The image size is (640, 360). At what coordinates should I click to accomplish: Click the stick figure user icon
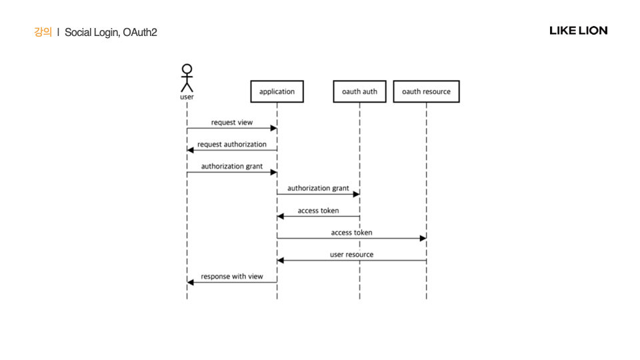[x=187, y=78]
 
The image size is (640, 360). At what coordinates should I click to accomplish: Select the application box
[x=277, y=91]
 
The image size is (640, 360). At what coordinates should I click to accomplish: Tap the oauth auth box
[x=359, y=91]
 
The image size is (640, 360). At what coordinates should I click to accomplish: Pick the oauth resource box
[x=426, y=91]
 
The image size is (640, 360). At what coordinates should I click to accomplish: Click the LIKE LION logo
[x=578, y=31]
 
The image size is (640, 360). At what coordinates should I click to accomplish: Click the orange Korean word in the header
[x=43, y=32]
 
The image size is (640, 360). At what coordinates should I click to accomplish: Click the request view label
[x=232, y=123]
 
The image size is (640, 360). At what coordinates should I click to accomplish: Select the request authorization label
[x=232, y=144]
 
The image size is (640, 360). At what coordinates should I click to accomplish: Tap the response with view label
[x=232, y=276]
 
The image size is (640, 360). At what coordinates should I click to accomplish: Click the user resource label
[x=351, y=254]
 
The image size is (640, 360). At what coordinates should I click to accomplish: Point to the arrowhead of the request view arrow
[x=273, y=128]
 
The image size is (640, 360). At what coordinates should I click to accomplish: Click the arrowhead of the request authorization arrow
[x=191, y=150]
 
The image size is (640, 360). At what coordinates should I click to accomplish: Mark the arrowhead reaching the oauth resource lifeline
[x=423, y=238]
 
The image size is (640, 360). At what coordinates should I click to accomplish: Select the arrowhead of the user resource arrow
[x=281, y=260]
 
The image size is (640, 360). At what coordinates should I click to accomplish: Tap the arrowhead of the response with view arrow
[x=191, y=282]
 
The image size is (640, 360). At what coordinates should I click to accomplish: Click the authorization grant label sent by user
[x=232, y=166]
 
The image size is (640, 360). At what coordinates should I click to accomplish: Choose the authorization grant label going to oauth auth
[x=318, y=188]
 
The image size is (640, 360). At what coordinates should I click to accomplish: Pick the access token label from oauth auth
[x=318, y=211]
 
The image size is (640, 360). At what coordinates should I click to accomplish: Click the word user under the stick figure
[x=187, y=97]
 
